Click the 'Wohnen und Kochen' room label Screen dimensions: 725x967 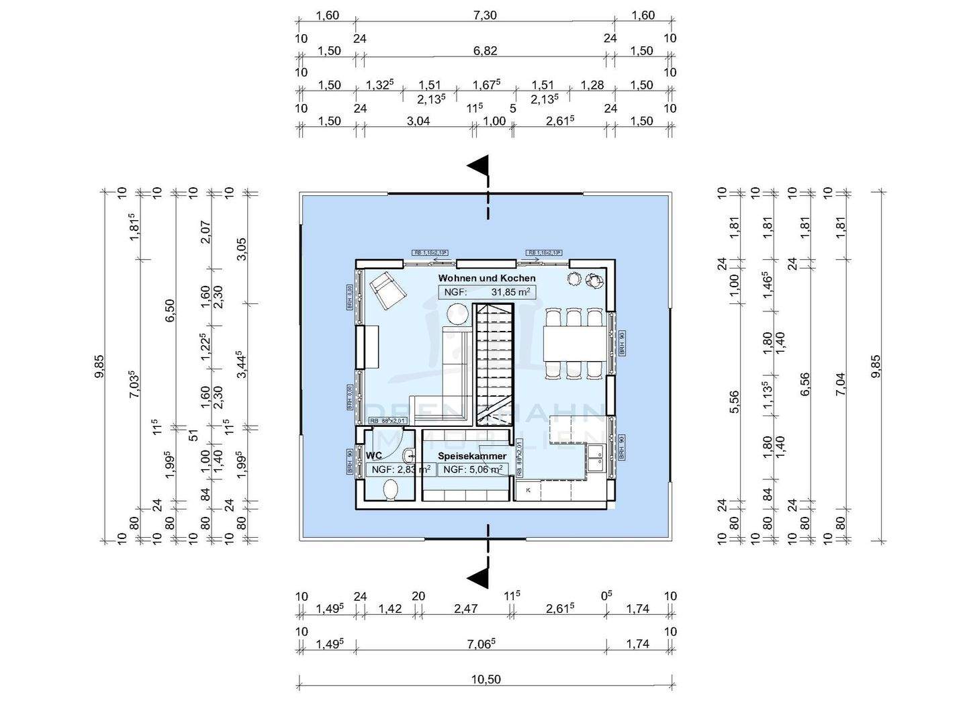tap(487, 278)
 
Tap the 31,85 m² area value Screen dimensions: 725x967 tap(511, 292)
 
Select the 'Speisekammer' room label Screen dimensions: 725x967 tap(472, 456)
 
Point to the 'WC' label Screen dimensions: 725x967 tap(374, 456)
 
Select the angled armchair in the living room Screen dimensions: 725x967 tap(387, 291)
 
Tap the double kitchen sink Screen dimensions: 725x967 tap(594, 459)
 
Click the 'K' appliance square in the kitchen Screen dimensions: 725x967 tap(528, 490)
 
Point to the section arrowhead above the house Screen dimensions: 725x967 tap(479, 166)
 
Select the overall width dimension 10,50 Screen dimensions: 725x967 tap(486, 679)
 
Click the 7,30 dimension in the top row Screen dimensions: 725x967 tap(485, 15)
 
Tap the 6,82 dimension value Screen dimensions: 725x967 tap(485, 51)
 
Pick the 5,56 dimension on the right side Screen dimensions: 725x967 tap(734, 401)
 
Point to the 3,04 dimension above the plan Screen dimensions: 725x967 tap(418, 122)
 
